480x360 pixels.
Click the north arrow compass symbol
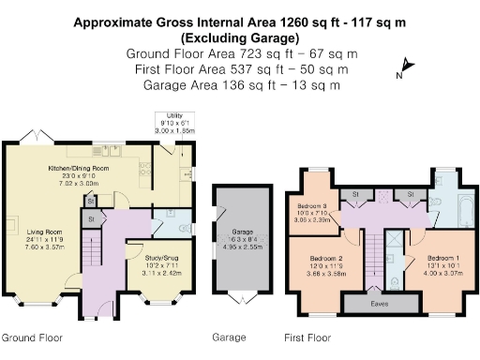click(x=402, y=67)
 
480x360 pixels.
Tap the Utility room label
click(x=170, y=121)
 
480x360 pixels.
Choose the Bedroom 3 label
click(x=312, y=210)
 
